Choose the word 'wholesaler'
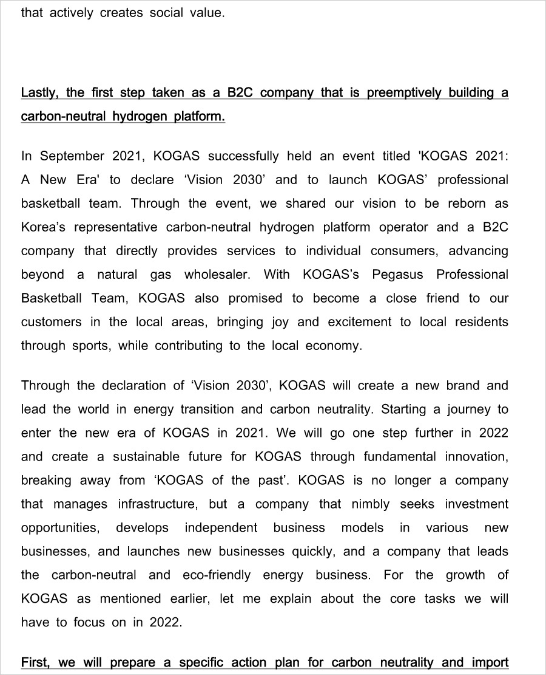coord(217,275)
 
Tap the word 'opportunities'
coord(59,528)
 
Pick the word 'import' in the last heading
coord(490,662)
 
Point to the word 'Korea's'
coord(44,227)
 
